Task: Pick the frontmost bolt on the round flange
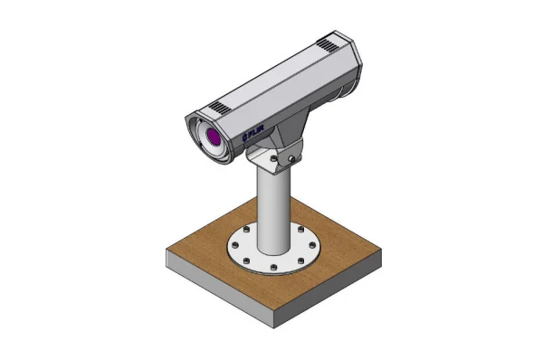coord(271,269)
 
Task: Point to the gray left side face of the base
coord(218,289)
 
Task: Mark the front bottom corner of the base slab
coord(271,327)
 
